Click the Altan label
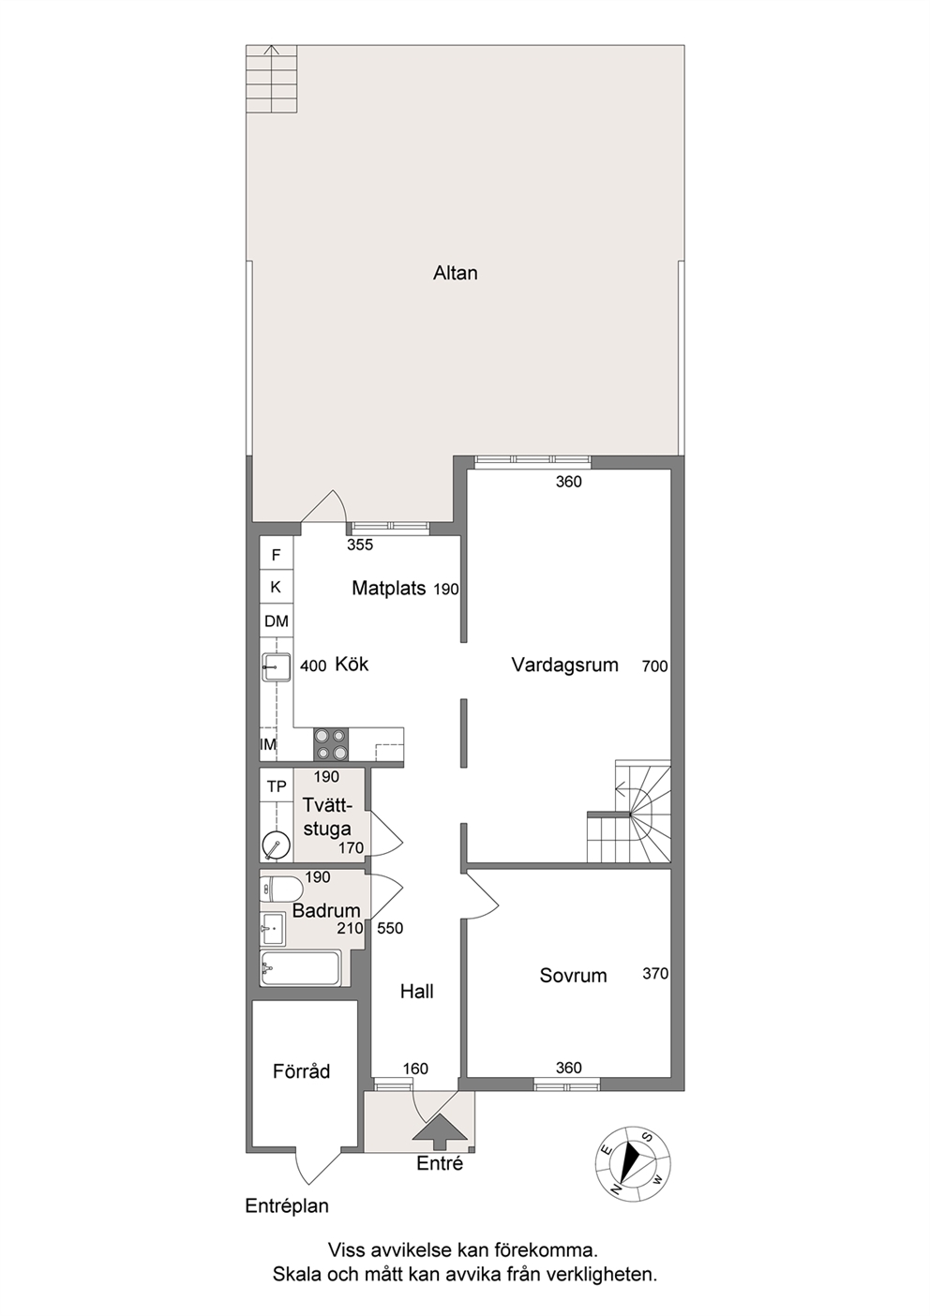click(x=456, y=273)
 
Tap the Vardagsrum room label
click(x=564, y=665)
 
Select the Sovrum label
click(x=573, y=976)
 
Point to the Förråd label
click(x=301, y=1071)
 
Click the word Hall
click(x=416, y=992)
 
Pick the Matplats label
click(x=388, y=588)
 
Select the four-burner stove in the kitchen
click(x=331, y=744)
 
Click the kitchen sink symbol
click(x=277, y=668)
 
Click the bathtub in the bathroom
click(x=300, y=969)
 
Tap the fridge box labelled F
click(x=277, y=554)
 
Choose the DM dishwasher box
click(x=277, y=621)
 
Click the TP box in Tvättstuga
click(x=277, y=786)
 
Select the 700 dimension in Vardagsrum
click(x=655, y=666)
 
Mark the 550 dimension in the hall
click(x=390, y=928)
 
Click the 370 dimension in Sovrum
click(x=655, y=974)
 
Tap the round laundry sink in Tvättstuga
click(x=276, y=845)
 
